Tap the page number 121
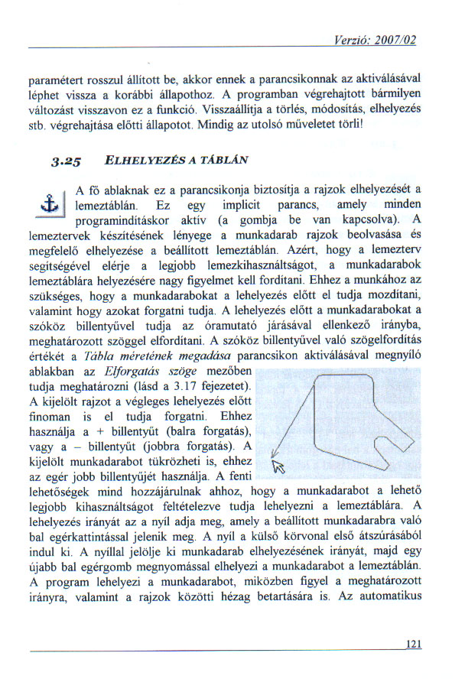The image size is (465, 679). click(415, 645)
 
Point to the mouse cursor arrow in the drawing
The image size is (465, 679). click(278, 466)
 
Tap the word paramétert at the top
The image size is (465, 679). click(53, 79)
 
